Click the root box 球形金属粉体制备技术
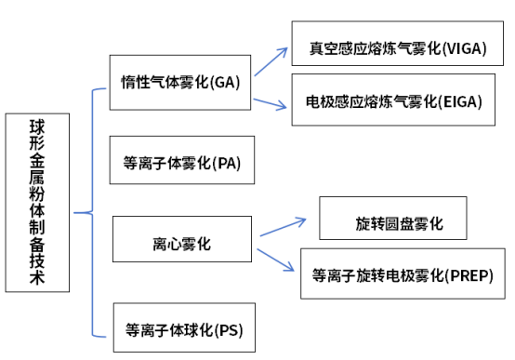[36, 204]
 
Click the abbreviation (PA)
[226, 163]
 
